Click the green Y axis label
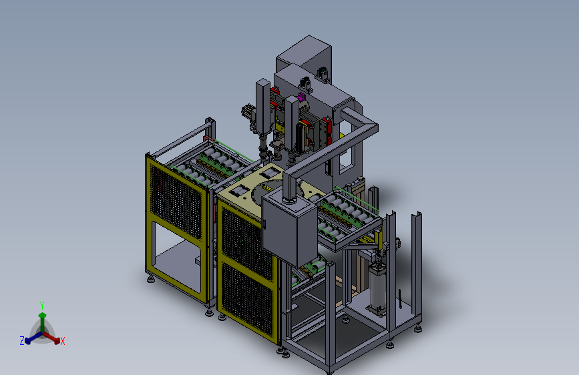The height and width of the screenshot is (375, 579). (x=42, y=305)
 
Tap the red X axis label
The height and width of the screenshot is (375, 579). (x=62, y=341)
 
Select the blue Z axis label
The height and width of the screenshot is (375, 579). (x=22, y=341)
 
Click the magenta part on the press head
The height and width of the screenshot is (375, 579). (x=301, y=97)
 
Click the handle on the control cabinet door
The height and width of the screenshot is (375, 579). (x=264, y=224)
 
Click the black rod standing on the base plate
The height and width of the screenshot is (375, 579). (x=400, y=298)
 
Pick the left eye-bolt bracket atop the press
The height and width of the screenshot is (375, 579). (x=305, y=84)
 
